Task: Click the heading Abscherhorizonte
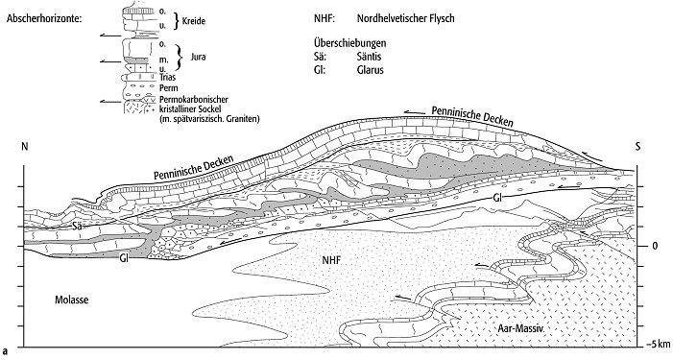click(x=44, y=19)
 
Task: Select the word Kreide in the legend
click(x=194, y=21)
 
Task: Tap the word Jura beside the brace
click(x=198, y=57)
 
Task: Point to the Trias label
click(x=167, y=78)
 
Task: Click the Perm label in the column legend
click(x=168, y=88)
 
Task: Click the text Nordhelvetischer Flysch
click(x=405, y=18)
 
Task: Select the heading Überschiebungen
click(x=349, y=43)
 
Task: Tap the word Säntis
click(x=369, y=57)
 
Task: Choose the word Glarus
click(x=370, y=69)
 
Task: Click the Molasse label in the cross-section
click(x=72, y=300)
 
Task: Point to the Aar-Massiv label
click(x=520, y=329)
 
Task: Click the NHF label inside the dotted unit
click(x=332, y=260)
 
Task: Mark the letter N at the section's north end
click(x=24, y=147)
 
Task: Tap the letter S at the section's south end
click(x=637, y=147)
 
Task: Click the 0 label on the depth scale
click(x=655, y=247)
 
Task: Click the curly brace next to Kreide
click(x=176, y=21)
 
